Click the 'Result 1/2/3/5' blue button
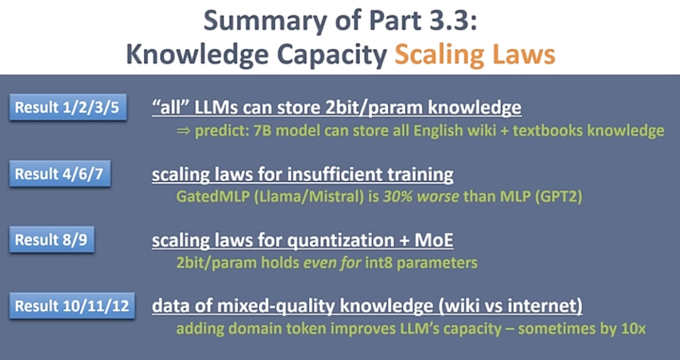(67, 108)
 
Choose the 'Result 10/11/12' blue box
(72, 307)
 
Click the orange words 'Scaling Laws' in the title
(475, 55)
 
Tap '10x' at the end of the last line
(633, 329)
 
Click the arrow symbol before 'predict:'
(181, 131)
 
